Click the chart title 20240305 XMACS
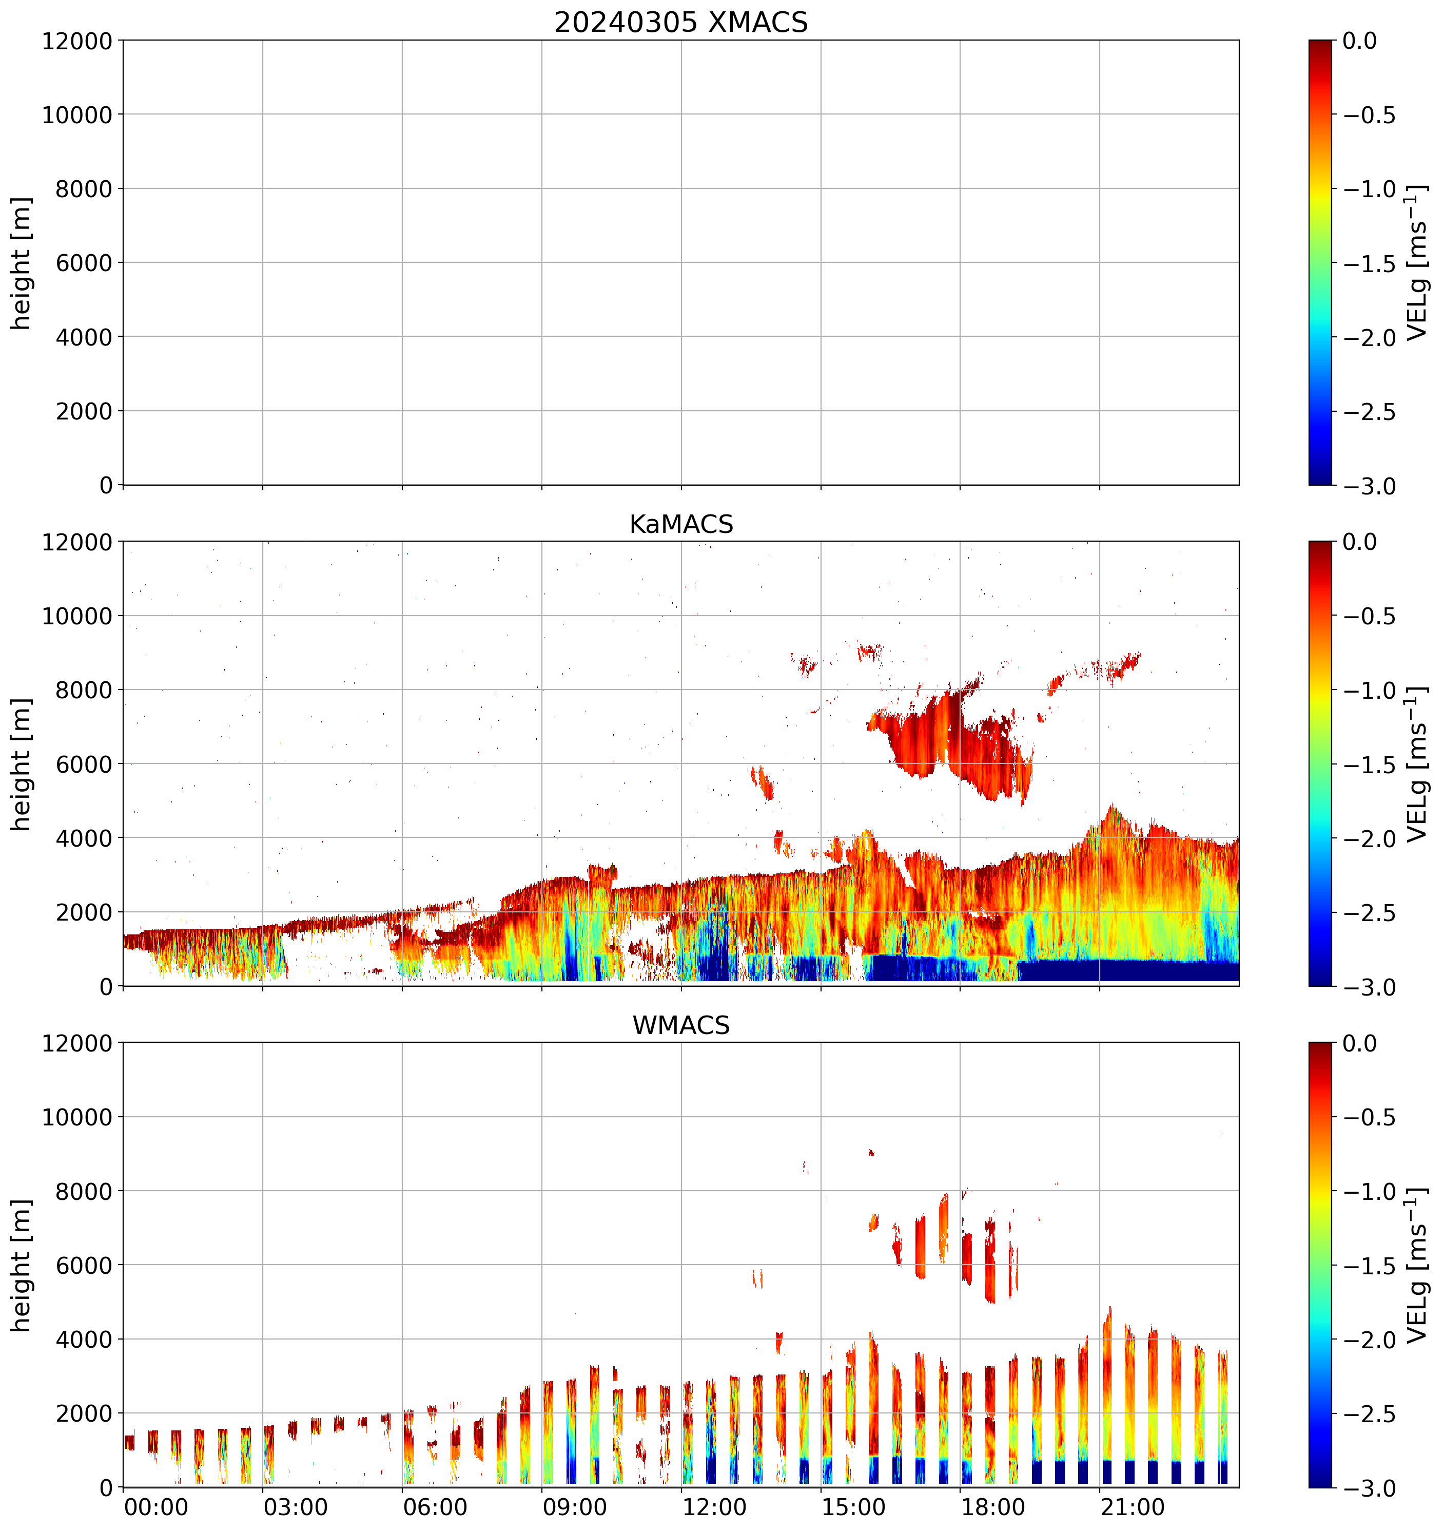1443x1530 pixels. click(x=681, y=22)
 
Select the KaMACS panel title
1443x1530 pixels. click(x=681, y=524)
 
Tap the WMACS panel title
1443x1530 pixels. click(x=681, y=1025)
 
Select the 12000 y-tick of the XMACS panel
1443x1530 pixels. click(x=77, y=41)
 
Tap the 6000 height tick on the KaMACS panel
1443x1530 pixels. click(x=84, y=764)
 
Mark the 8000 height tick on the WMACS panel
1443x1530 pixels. click(x=84, y=1191)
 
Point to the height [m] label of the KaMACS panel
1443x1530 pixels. click(x=22, y=764)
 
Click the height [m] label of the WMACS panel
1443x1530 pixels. click(x=22, y=1265)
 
